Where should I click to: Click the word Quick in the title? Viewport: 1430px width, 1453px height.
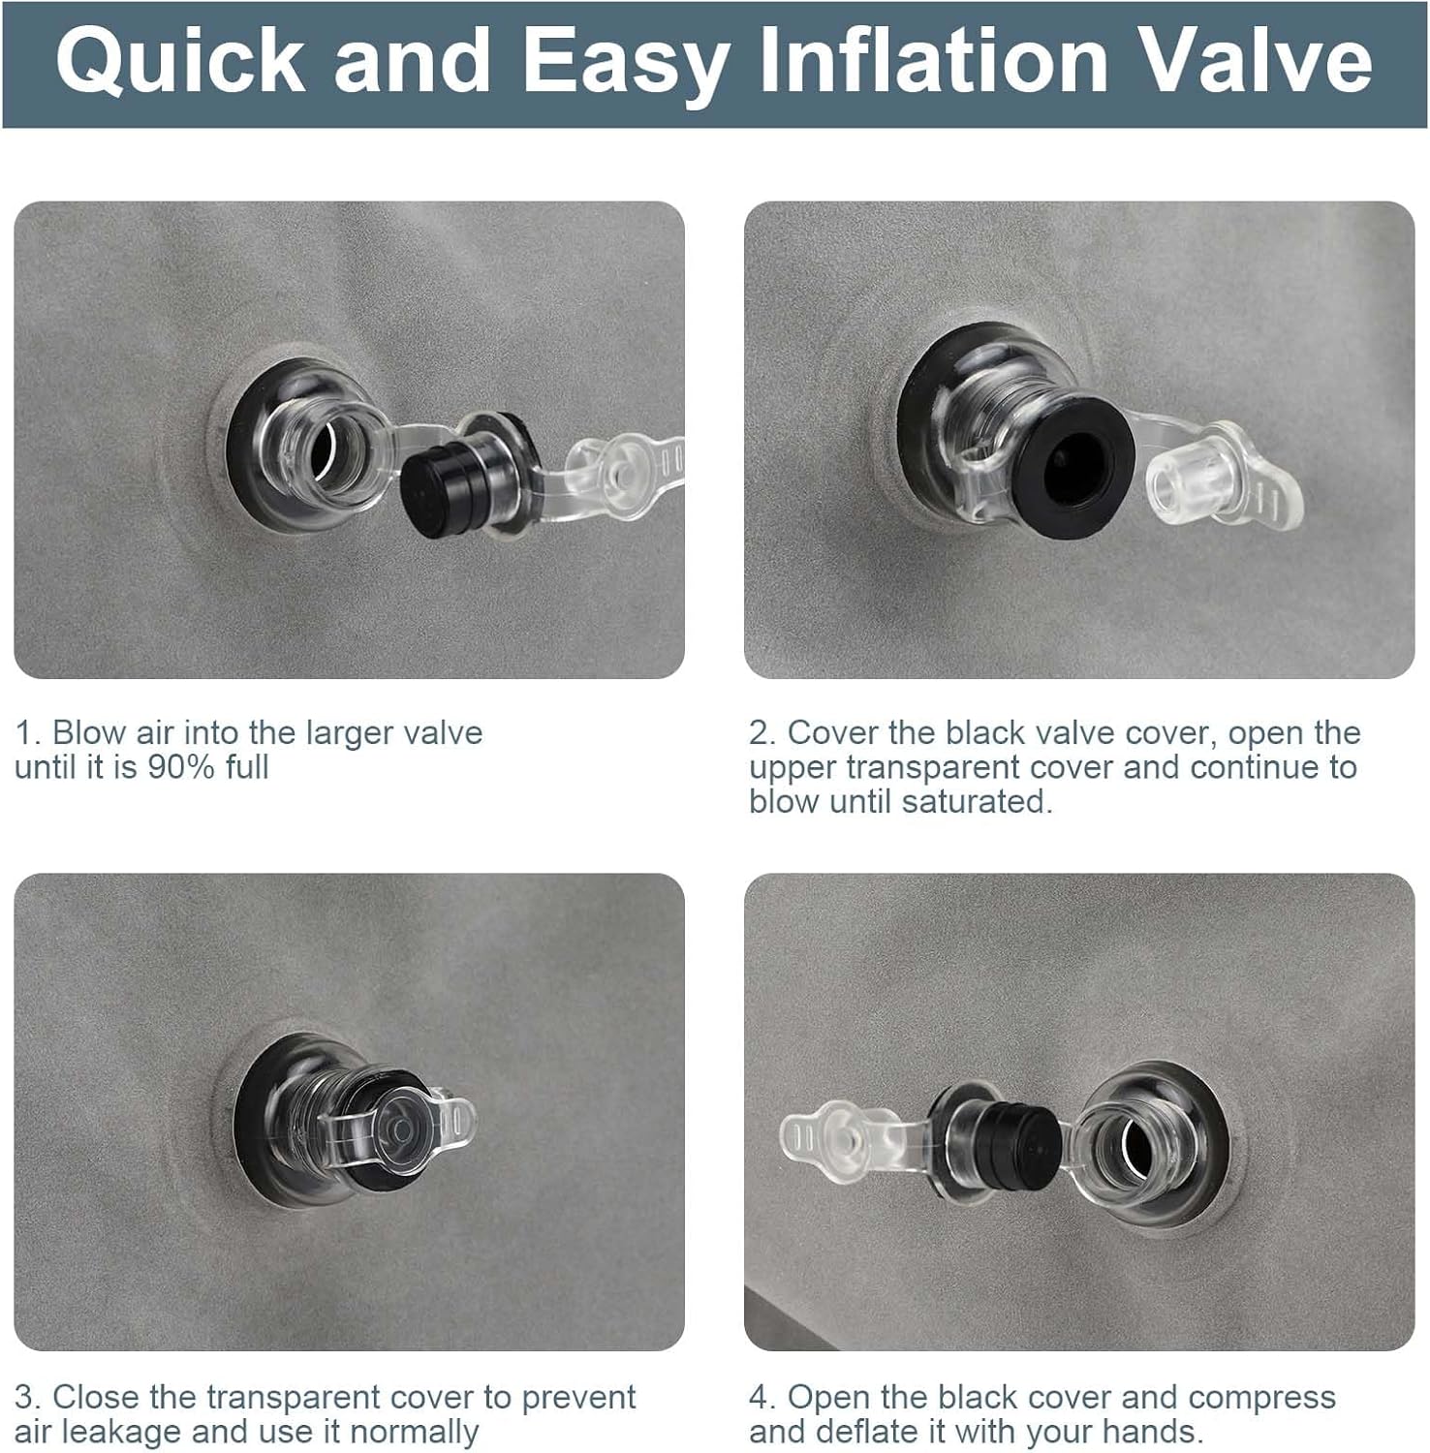point(180,62)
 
